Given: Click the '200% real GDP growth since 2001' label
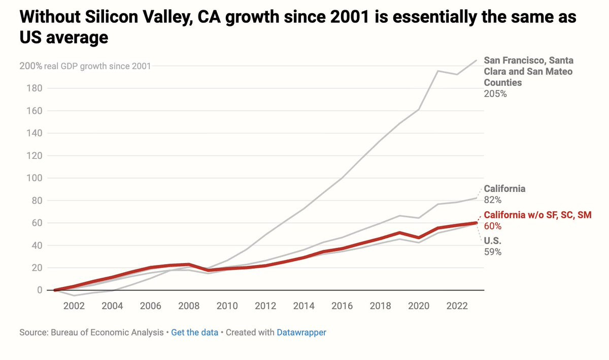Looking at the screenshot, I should (x=85, y=66).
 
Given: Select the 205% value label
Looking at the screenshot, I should (x=495, y=94).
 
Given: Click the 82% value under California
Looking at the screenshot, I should (x=493, y=200).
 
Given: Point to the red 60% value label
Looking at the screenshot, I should (x=493, y=226).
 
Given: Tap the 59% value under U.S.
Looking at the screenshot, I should (x=493, y=251).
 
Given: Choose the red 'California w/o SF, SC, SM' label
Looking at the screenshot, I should (x=537, y=215).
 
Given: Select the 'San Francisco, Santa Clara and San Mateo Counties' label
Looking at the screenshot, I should (x=528, y=71).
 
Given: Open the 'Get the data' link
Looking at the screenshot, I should (x=194, y=333).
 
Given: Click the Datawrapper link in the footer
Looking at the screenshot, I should (x=301, y=333).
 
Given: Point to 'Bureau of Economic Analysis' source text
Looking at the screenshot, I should (x=107, y=333).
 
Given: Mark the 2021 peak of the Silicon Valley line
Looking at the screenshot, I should (x=437, y=71).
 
